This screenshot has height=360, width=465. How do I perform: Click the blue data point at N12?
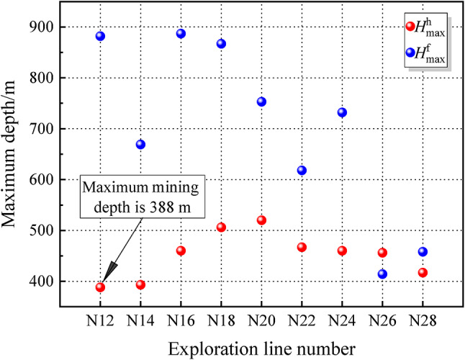coord(100,36)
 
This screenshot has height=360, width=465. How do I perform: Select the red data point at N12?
coord(100,287)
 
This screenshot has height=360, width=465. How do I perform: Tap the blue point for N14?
coord(140,145)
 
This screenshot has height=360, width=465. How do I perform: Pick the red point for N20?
coord(261,220)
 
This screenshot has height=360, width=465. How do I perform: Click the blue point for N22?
coord(302,171)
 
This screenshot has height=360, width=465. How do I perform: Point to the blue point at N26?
coord(382,274)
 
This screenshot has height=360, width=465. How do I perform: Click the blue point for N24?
coord(342,112)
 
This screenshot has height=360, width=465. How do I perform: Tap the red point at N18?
coord(221,228)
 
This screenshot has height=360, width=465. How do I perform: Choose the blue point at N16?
coord(181,34)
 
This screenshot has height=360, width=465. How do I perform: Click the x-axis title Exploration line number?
coord(261,348)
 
